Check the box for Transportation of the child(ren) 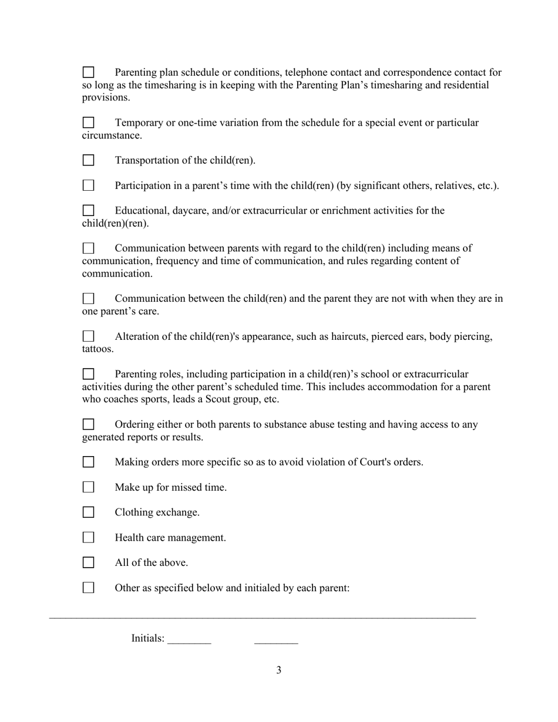[x=88, y=160]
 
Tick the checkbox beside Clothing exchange [x=88, y=512]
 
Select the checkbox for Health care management [x=88, y=538]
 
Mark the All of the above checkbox [x=88, y=563]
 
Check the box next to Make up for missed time [x=88, y=487]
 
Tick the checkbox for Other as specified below [x=88, y=588]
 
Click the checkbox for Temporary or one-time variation [x=88, y=123]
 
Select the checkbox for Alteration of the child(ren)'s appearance [x=88, y=336]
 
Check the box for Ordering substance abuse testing [x=88, y=424]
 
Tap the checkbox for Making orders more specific [x=88, y=462]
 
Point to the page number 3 [x=278, y=670]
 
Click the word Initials [x=147, y=639]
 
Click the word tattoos [x=98, y=349]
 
